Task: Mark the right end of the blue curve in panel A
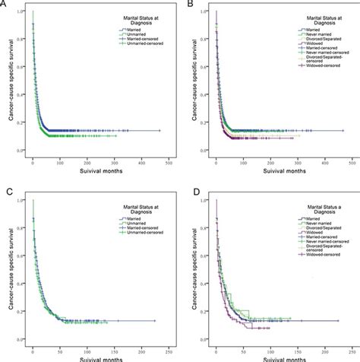point(160,130)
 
